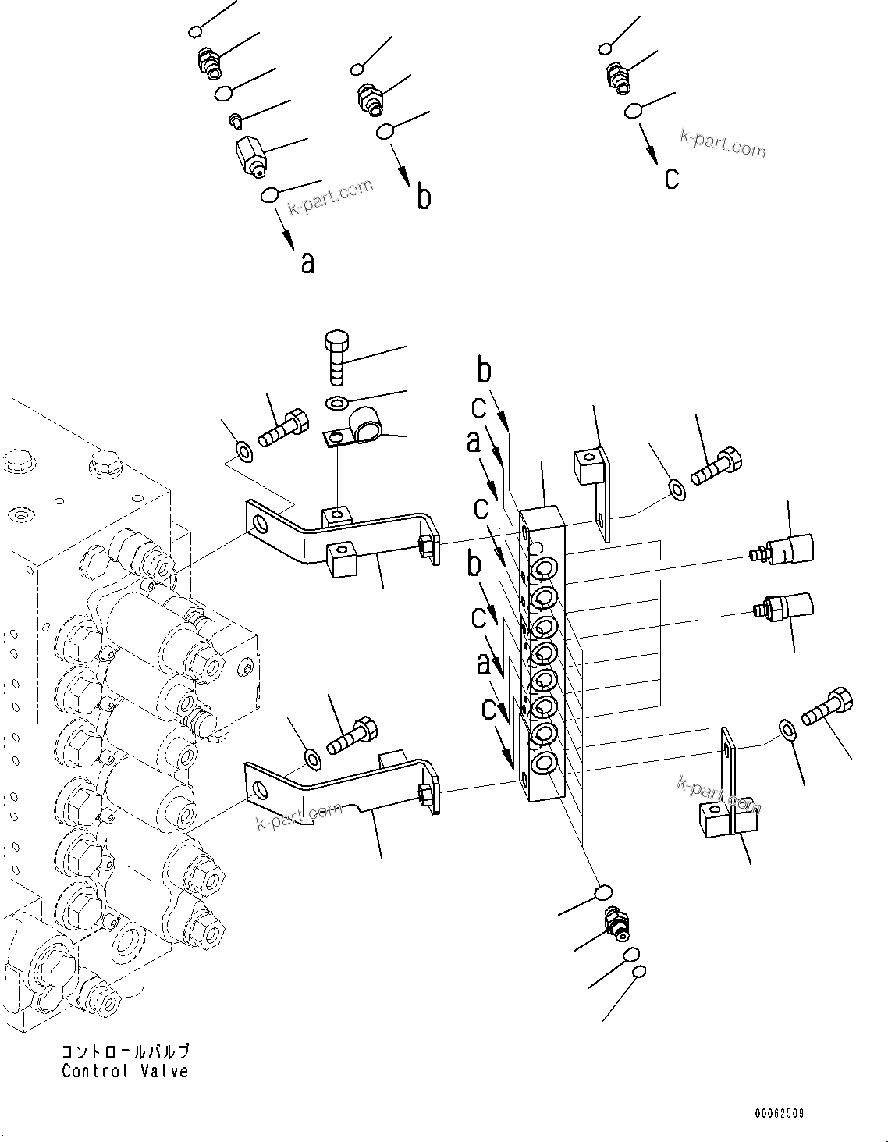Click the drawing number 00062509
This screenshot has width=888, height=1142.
click(x=779, y=1113)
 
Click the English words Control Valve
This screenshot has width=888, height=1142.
click(x=125, y=1071)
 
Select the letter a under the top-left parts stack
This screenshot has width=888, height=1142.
click(x=308, y=263)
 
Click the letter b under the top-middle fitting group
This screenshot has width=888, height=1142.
click(x=424, y=197)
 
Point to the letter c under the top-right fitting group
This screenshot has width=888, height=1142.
click(x=671, y=178)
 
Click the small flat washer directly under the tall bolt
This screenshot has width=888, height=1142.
click(x=337, y=403)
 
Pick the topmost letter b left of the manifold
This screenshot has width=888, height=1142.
click(x=485, y=372)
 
